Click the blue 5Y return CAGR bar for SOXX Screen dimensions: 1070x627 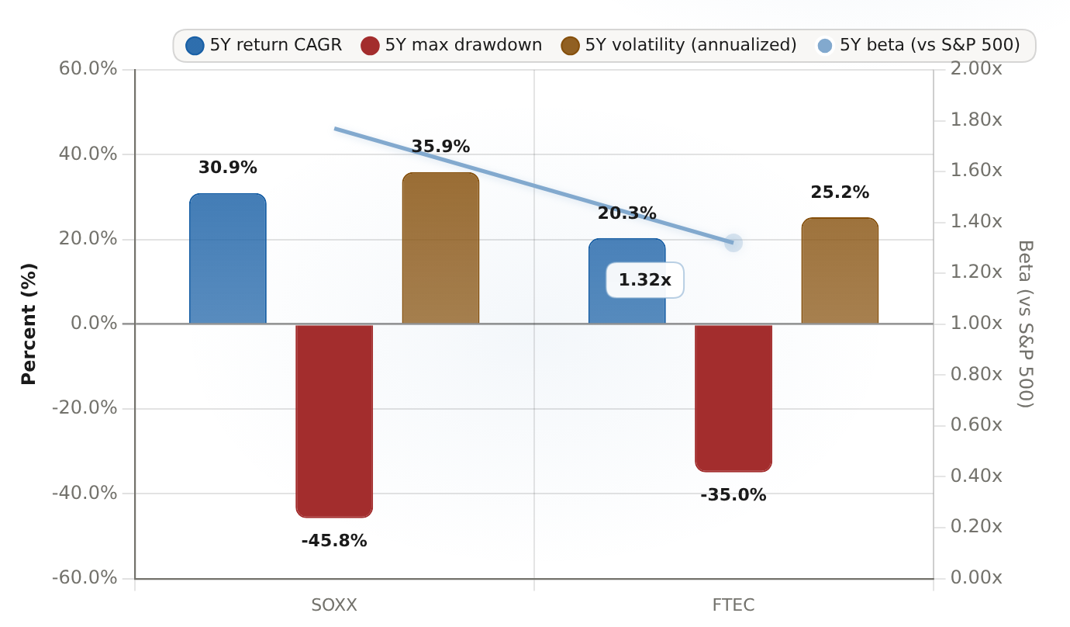tap(228, 258)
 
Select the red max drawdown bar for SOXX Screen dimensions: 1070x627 tap(334, 421)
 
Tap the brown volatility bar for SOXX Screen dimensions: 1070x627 tap(440, 248)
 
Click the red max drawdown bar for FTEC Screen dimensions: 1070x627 tap(733, 397)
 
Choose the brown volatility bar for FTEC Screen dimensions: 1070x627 tap(840, 271)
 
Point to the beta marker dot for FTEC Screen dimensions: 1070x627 tap(733, 243)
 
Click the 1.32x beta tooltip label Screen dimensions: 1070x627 tap(645, 280)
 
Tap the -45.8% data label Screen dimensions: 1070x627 tap(334, 541)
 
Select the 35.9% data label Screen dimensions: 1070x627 tap(440, 146)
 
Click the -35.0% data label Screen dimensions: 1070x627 tap(733, 495)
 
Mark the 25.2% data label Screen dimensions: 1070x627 tap(840, 192)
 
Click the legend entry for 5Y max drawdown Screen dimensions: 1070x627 tap(451, 46)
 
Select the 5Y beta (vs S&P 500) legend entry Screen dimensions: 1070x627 tap(917, 46)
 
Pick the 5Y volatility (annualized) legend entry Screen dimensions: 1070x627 tap(678, 46)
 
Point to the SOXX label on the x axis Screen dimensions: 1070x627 tap(334, 605)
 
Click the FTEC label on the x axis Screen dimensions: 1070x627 tap(733, 605)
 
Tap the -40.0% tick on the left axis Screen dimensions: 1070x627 tap(85, 493)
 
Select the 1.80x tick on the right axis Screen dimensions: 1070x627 tap(976, 120)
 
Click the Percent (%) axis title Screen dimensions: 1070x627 tap(29, 324)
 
